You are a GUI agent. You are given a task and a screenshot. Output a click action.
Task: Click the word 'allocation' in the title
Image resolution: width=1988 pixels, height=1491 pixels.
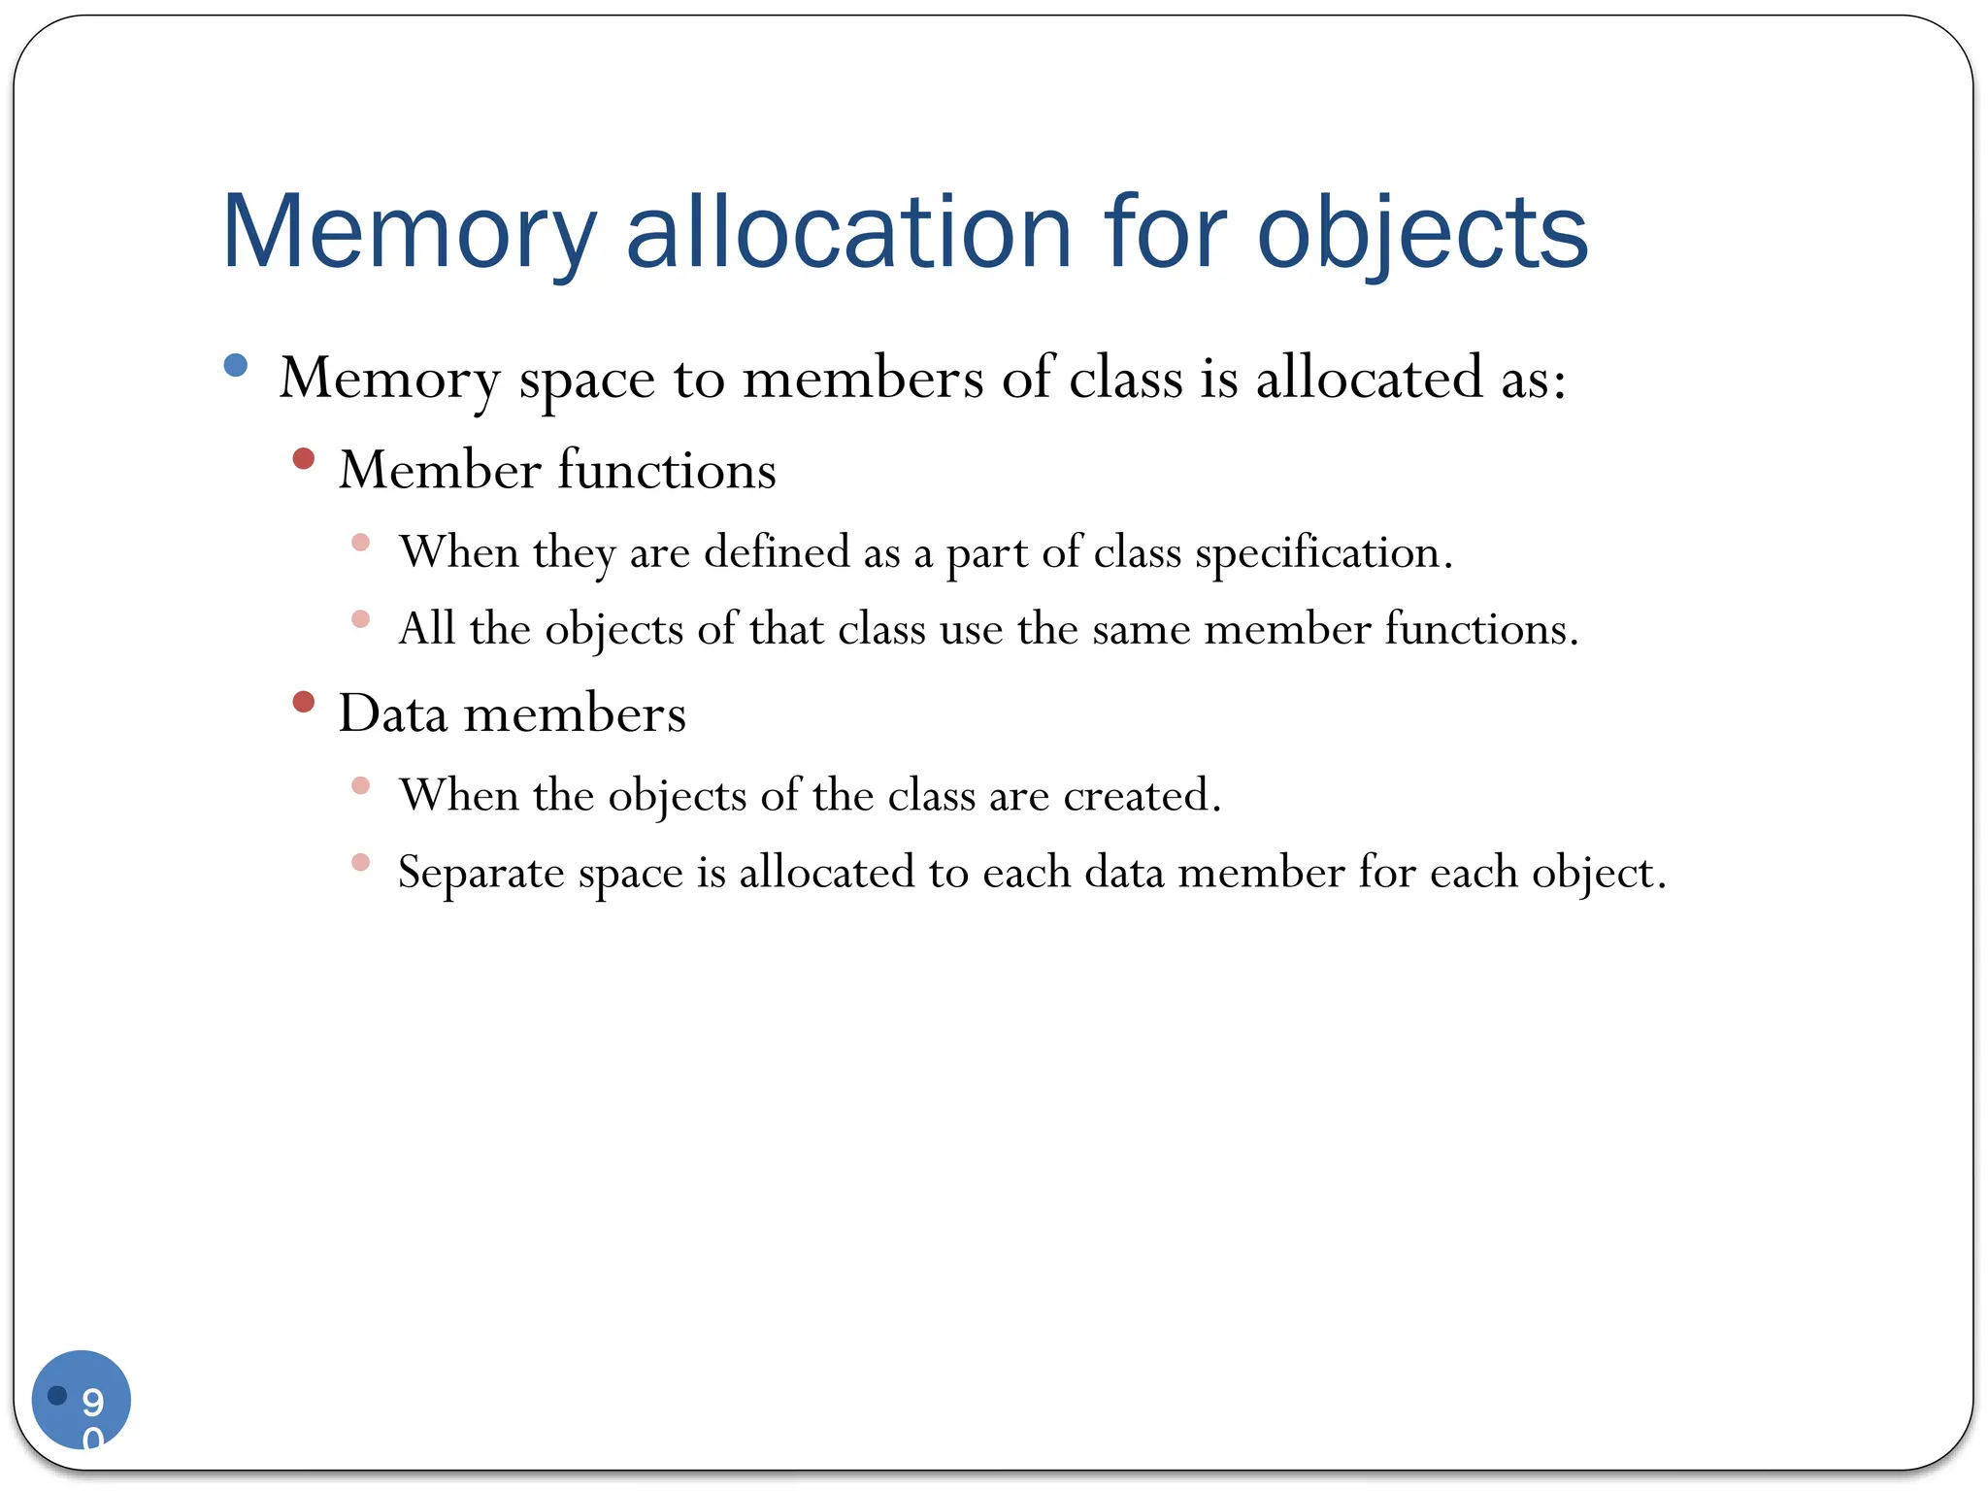848,232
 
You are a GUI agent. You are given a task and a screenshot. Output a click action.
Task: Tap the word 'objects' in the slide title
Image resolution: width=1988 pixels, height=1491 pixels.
1422,232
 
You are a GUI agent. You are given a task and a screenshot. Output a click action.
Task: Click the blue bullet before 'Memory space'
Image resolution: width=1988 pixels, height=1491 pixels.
236,365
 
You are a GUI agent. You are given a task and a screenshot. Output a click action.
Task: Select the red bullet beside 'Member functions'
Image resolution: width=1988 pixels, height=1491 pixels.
304,458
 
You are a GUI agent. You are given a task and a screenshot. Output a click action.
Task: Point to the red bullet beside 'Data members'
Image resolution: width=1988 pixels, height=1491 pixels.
304,701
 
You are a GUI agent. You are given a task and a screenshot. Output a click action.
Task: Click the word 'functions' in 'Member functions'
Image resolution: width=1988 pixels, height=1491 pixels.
667,471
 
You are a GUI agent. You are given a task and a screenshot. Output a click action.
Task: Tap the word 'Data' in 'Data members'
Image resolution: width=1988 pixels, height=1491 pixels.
393,713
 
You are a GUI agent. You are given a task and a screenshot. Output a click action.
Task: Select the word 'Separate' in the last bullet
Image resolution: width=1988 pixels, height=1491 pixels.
481,872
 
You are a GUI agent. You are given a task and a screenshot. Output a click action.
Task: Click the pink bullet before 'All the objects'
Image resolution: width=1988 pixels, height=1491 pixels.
361,619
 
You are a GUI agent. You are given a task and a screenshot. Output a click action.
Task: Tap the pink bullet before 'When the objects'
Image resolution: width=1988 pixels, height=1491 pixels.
361,785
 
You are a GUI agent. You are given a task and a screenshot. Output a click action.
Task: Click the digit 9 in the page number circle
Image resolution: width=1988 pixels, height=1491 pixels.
93,1401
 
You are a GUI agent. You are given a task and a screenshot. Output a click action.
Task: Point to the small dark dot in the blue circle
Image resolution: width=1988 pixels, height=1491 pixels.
57,1395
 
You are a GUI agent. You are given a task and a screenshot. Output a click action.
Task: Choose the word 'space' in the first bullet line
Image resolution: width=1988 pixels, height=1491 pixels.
586,379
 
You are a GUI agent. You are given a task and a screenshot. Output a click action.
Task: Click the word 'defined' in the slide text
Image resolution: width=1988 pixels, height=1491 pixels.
777,552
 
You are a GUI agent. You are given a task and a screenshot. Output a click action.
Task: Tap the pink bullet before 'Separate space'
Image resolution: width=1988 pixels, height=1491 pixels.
361,862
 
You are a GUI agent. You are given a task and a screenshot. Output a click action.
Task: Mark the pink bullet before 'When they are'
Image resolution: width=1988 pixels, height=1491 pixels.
361,542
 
